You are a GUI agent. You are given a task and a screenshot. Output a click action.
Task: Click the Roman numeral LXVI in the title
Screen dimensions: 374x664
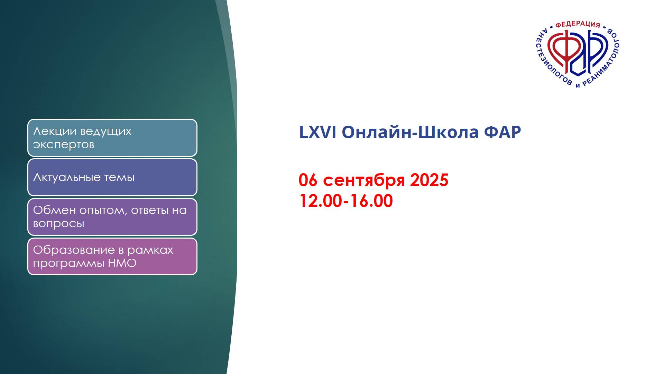[x=317, y=132]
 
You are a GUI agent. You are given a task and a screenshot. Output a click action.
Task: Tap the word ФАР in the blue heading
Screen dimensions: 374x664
[x=502, y=132]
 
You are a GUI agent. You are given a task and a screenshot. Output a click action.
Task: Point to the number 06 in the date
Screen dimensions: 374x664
[x=308, y=180]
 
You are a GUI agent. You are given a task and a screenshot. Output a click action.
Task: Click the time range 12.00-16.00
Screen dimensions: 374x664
[x=346, y=201]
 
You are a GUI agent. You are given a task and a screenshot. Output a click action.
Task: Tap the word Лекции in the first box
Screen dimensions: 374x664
[x=55, y=131]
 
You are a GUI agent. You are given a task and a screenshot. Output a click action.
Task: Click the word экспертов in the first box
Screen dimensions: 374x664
[x=64, y=145]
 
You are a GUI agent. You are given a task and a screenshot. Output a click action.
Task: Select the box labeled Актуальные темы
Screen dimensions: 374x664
[x=112, y=177]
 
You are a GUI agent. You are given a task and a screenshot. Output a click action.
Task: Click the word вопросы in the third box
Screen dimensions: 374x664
[x=58, y=224]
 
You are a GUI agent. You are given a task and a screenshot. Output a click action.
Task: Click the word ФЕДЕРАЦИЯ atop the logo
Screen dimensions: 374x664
[x=578, y=24]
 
